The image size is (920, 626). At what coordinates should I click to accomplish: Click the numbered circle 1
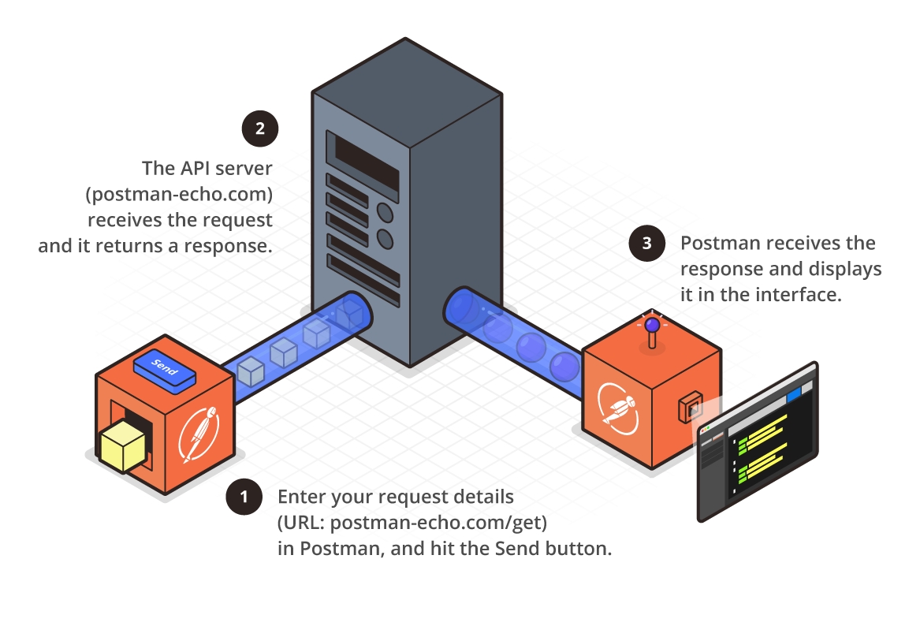click(x=244, y=497)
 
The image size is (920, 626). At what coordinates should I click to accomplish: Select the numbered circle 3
click(x=647, y=243)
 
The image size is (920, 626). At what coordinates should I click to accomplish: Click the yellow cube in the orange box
click(x=122, y=445)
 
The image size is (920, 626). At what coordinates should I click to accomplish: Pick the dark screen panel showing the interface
click(x=757, y=442)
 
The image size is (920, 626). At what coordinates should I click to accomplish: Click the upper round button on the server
click(x=386, y=211)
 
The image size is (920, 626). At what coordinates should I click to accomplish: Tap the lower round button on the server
click(x=386, y=238)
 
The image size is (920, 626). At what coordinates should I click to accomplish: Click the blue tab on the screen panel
click(x=793, y=392)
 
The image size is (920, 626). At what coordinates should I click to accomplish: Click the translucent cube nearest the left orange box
click(x=249, y=371)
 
